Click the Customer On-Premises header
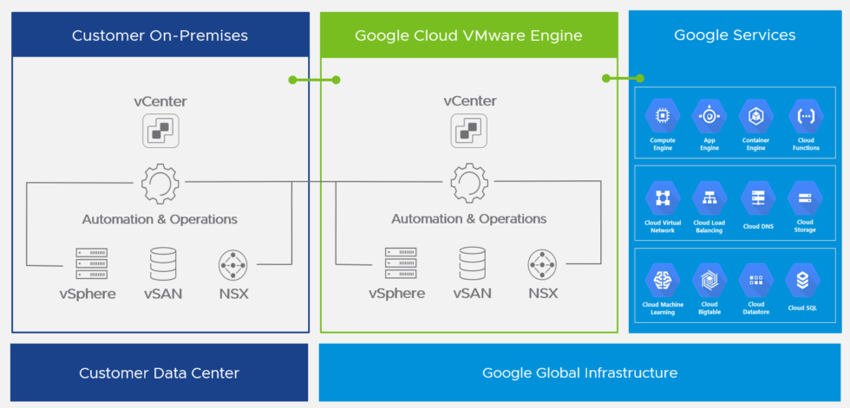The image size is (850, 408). click(160, 36)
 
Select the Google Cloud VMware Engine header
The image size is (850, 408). click(468, 36)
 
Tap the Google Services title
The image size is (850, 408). click(734, 36)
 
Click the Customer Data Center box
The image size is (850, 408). click(160, 372)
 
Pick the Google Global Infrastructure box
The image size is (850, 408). click(579, 372)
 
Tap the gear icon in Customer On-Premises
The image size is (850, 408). click(160, 183)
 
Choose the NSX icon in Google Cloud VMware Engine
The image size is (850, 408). click(543, 263)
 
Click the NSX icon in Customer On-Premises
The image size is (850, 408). click(233, 263)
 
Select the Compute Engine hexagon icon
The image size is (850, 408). click(663, 115)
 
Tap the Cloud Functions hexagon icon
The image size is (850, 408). click(806, 115)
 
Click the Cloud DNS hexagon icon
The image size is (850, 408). click(757, 198)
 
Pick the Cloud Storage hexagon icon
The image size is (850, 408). click(805, 198)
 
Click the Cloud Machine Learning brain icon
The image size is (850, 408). click(663, 280)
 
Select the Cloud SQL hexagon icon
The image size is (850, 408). click(802, 280)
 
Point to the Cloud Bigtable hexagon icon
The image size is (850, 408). click(709, 280)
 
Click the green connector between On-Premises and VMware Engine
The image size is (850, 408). click(314, 80)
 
